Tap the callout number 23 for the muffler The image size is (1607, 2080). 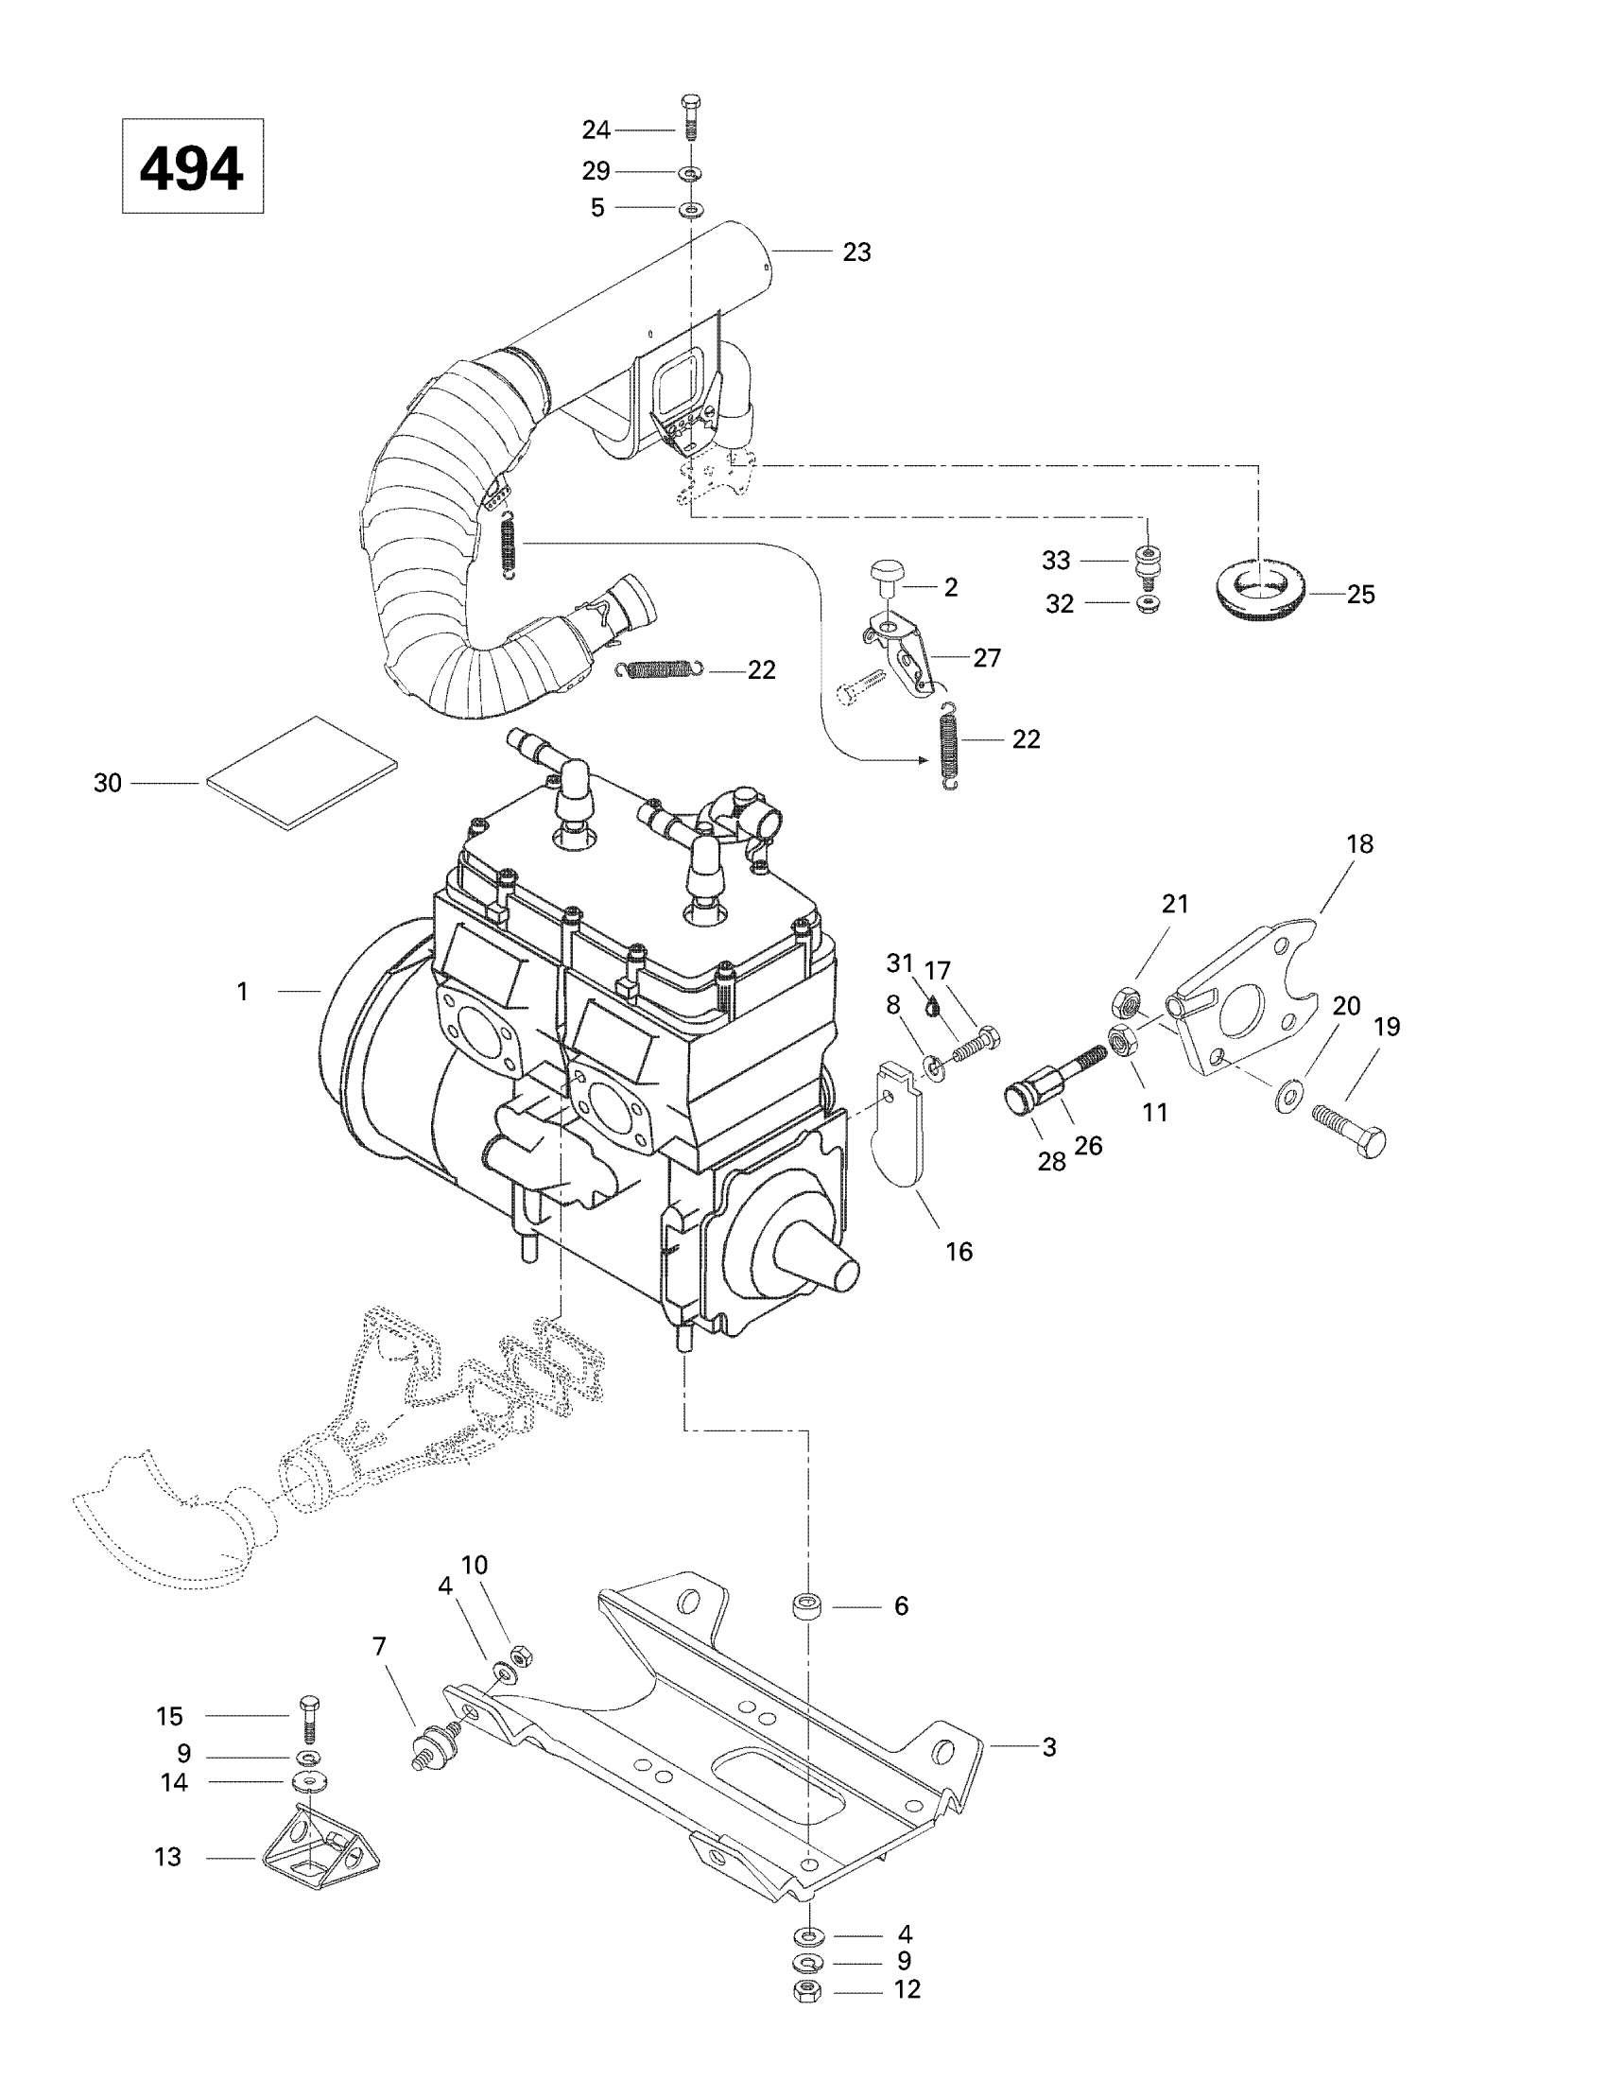[x=856, y=252]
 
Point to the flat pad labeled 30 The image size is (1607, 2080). [x=302, y=773]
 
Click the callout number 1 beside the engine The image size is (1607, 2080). [x=243, y=993]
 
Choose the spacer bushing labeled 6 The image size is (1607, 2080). [x=807, y=1606]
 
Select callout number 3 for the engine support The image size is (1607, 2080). [x=1049, y=1747]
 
